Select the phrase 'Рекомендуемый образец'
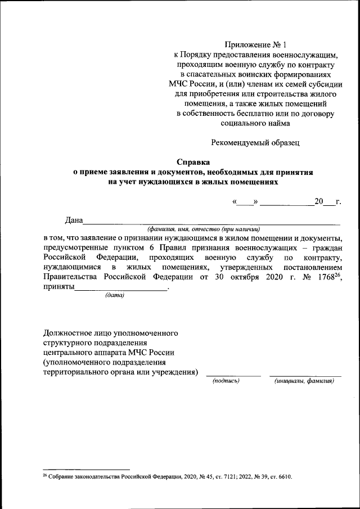(256, 142)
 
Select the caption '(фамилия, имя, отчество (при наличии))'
(204, 229)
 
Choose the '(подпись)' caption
(226, 381)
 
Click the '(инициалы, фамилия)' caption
(304, 381)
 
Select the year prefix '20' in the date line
(319, 201)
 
